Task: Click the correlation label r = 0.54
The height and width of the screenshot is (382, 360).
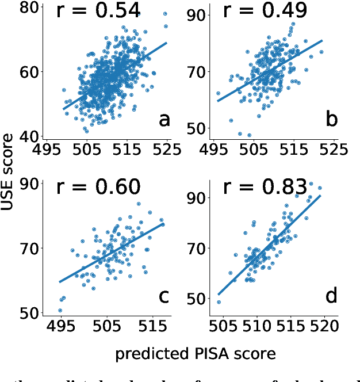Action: coord(98,11)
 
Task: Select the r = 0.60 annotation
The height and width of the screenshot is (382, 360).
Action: coord(98,187)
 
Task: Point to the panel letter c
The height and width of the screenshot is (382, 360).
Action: coord(164,297)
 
